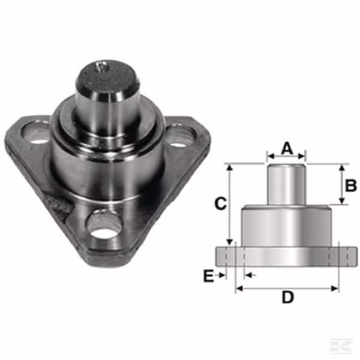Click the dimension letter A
pyautogui.click(x=287, y=148)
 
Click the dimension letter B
pyautogui.click(x=351, y=185)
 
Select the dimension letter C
pyautogui.click(x=220, y=203)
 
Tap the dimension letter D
pyautogui.click(x=287, y=297)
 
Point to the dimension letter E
pyautogui.click(x=208, y=276)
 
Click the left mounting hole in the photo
pyautogui.click(x=35, y=133)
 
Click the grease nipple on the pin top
pyautogui.click(x=101, y=66)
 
